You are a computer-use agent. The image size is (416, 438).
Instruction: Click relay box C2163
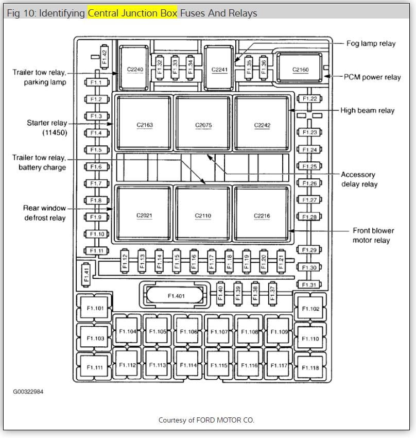point(145,124)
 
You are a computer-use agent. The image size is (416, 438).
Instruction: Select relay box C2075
point(203,124)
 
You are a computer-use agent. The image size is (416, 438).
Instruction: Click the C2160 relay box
point(300,69)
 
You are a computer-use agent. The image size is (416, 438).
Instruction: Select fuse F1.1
point(96,82)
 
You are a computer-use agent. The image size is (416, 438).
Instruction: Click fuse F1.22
point(310,98)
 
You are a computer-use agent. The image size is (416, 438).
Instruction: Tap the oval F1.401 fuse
point(176,296)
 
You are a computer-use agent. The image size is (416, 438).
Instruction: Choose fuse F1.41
point(86,274)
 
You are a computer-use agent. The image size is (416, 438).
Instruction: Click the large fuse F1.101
point(95,309)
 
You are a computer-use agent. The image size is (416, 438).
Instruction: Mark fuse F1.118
point(310,368)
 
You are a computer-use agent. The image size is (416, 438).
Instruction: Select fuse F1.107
point(219,331)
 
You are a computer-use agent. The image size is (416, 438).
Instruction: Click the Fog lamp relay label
point(371,43)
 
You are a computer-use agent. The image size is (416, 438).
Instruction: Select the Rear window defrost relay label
point(44,213)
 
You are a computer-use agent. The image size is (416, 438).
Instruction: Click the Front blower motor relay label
point(371,235)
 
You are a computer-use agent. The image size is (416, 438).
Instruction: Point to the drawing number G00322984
point(28,392)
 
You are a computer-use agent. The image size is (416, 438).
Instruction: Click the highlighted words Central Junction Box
point(132,13)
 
